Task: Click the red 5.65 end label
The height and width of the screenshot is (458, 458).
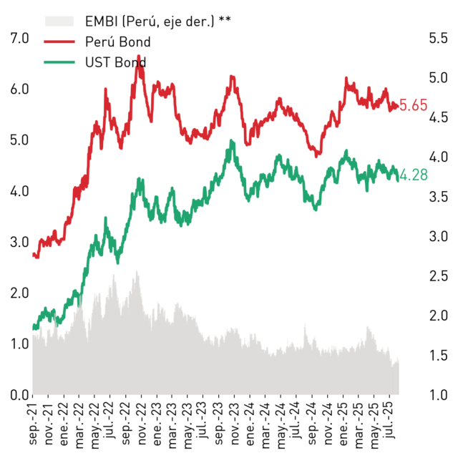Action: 414,105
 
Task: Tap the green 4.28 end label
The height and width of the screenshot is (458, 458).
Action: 414,175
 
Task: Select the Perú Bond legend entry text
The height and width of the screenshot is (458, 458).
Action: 118,42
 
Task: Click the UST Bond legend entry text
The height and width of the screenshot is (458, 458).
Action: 116,62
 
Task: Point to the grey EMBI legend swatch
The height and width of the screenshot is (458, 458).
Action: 59,21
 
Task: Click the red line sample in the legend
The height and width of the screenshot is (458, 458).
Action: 59,42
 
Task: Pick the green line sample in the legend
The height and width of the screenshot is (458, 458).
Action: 59,62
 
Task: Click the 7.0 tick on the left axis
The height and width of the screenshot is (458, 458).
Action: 19,38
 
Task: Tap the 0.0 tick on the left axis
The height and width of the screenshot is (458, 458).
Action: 19,394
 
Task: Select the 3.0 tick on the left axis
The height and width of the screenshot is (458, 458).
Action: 19,242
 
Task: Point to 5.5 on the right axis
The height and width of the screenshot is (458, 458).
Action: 438,38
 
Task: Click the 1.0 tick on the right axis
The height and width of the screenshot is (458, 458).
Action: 438,394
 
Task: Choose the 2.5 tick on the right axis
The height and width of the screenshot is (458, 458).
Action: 438,276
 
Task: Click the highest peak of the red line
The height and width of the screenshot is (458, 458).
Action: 139,56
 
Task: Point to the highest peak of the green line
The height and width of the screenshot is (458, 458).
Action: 232,140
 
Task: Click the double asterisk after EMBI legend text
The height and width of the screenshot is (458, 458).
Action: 225,19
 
